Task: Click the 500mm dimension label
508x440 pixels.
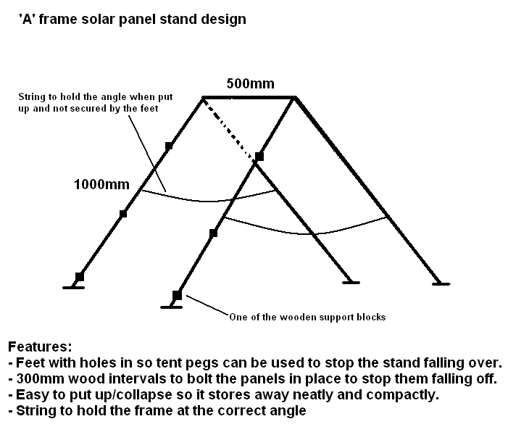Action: (251, 83)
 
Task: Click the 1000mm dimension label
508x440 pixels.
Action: (101, 184)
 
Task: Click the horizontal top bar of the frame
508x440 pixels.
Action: (249, 97)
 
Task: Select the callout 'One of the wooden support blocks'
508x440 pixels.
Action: (307, 317)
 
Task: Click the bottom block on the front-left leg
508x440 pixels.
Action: (177, 296)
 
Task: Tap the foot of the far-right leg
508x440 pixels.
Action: (441, 284)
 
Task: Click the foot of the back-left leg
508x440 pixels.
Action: (73, 287)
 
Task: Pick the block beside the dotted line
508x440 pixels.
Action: (259, 157)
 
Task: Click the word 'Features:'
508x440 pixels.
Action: (40, 347)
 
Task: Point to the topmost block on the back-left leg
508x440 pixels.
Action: (168, 146)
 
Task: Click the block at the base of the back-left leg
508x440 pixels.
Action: (80, 277)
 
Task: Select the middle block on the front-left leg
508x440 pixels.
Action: (213, 233)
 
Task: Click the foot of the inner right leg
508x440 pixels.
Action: (351, 283)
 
